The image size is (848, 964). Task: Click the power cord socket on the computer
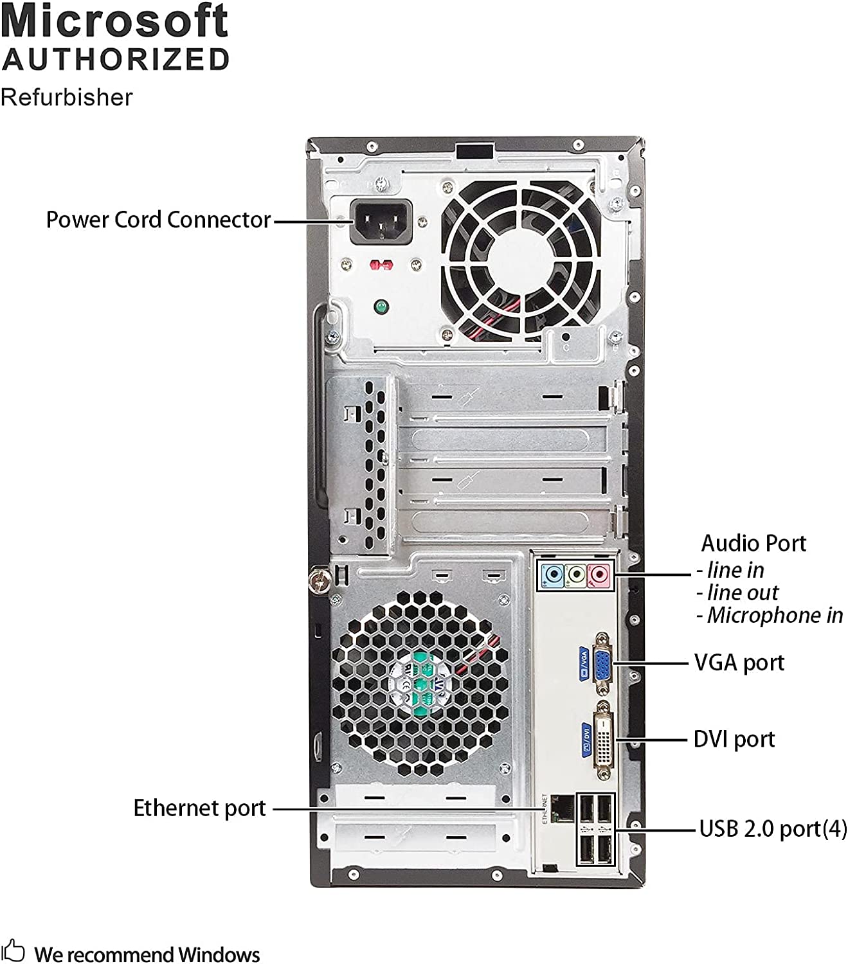click(380, 222)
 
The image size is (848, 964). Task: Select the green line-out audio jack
click(576, 573)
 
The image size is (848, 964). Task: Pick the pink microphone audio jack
click(599, 573)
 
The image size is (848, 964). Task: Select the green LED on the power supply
click(381, 307)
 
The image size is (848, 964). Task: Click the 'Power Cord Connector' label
click(158, 220)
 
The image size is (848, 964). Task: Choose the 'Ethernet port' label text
click(199, 808)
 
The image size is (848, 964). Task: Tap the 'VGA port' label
click(739, 663)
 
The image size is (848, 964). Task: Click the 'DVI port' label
click(734, 740)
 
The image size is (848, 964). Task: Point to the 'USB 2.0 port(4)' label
click(773, 829)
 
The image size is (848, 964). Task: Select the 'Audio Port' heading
click(753, 544)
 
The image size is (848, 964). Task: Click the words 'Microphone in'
click(775, 616)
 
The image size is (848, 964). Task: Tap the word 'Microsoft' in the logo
click(114, 21)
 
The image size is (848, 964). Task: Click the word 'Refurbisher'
click(67, 98)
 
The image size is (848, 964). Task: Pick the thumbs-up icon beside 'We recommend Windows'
click(13, 951)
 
